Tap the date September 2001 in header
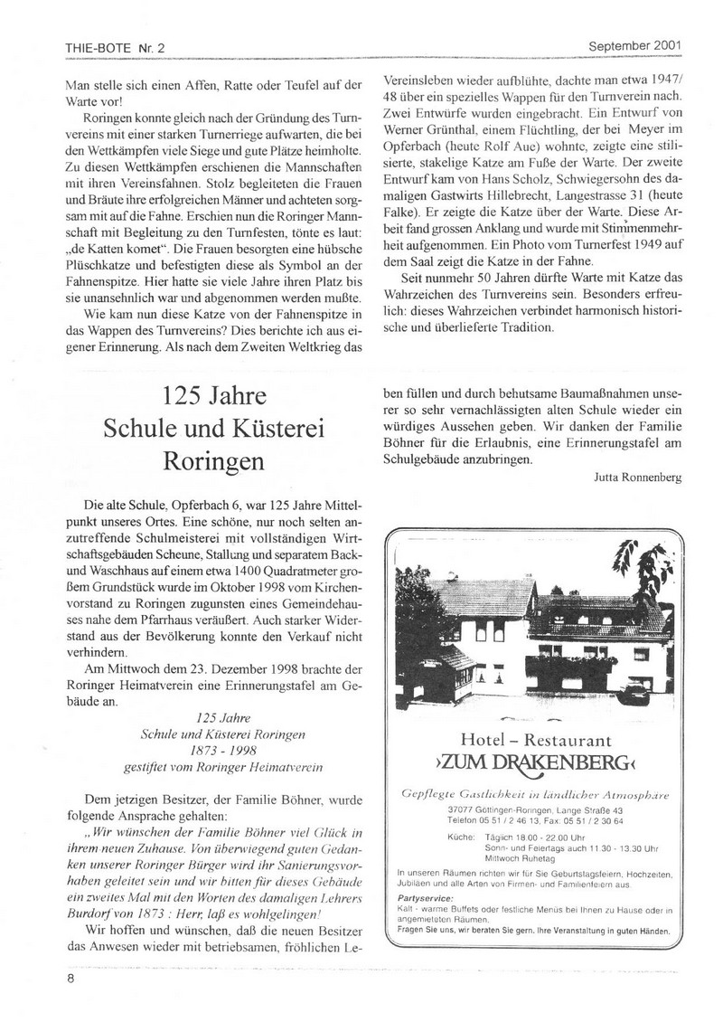click(x=635, y=44)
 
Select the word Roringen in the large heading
click(x=214, y=459)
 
